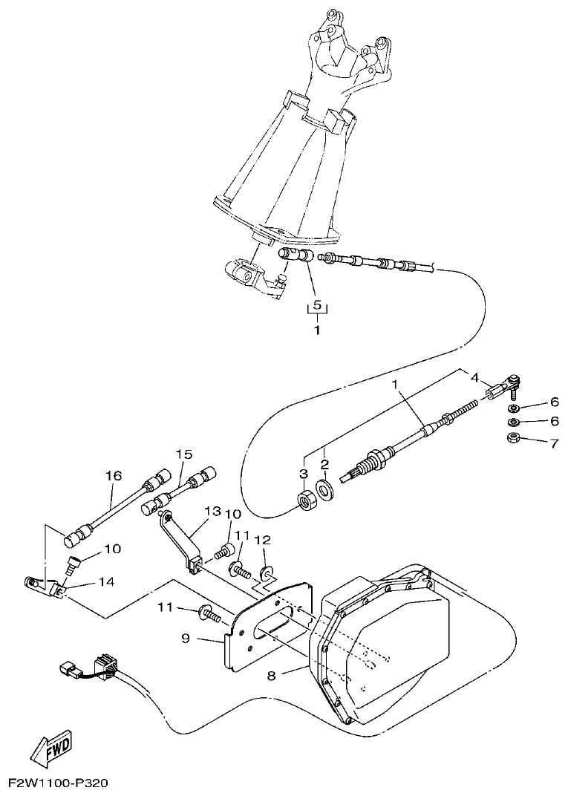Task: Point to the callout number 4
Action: pos(474,377)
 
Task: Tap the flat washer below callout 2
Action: pos(324,491)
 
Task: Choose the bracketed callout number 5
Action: pos(317,305)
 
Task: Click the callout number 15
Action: pos(183,454)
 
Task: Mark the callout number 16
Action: pos(113,476)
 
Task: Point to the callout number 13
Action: pos(213,512)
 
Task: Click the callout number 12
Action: pos(263,540)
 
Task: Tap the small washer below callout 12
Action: pos(265,572)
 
